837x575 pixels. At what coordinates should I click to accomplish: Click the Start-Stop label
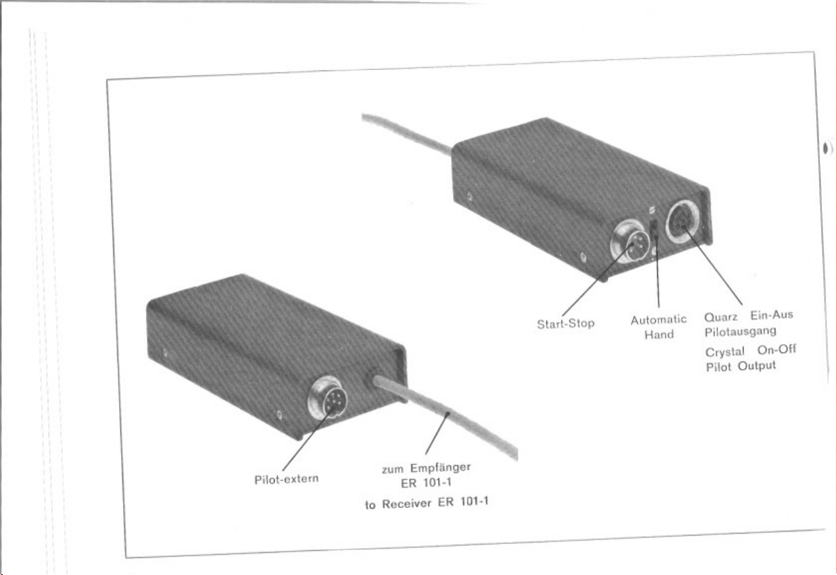pos(565,323)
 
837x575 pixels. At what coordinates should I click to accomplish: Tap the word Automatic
pos(659,320)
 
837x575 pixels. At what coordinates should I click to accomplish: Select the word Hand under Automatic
pos(659,334)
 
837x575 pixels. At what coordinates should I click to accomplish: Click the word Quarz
pos(721,317)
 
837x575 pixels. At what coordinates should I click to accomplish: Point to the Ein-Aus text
pos(771,315)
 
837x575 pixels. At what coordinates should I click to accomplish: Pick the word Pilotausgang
pos(740,332)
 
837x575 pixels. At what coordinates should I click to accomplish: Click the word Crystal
pos(725,352)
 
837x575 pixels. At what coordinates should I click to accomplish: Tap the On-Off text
pos(777,350)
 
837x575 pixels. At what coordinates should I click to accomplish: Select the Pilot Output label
pos(741,367)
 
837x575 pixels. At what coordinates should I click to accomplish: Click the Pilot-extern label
pos(286,480)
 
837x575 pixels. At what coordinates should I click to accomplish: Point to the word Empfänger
pos(440,468)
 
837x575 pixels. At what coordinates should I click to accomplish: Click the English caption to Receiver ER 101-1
pos(427,503)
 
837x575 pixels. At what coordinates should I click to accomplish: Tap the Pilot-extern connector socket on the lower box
pos(327,397)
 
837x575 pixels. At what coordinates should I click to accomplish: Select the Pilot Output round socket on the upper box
pos(683,222)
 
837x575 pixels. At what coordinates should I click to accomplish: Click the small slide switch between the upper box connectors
pos(654,229)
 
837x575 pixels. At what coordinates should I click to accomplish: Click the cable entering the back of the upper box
pos(407,133)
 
